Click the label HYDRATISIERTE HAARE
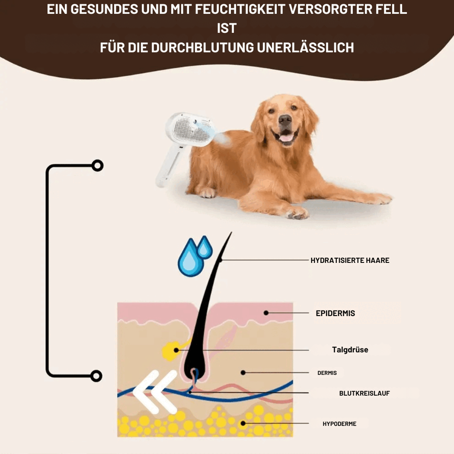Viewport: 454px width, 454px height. pos(350,260)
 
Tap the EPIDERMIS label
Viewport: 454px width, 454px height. pos(335,313)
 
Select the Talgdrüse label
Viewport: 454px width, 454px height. pos(350,349)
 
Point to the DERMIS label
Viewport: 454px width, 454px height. pos(327,373)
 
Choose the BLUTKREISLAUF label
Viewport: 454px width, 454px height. pos(364,393)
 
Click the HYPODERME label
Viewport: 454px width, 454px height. pos(339,424)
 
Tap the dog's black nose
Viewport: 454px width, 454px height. pos(285,120)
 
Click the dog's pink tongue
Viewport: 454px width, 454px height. pos(286,138)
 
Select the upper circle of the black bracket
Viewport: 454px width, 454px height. pos(97,166)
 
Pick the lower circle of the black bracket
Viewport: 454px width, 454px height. pos(96,376)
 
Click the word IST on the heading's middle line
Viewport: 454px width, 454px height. pos(227,29)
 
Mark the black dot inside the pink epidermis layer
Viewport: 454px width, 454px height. pos(266,313)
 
